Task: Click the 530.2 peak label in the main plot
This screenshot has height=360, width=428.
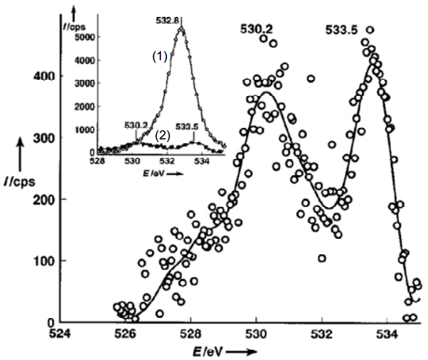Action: click(x=256, y=28)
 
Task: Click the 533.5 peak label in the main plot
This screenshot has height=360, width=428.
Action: click(x=341, y=30)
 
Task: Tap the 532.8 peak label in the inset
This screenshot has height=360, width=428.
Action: click(x=167, y=20)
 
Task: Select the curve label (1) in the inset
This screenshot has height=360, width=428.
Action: click(x=160, y=57)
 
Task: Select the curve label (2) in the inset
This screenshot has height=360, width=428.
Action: click(x=163, y=136)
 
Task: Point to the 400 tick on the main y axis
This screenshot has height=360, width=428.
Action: click(x=44, y=76)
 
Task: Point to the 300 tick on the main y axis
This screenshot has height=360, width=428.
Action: click(x=44, y=138)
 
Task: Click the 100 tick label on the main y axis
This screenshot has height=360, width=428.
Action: click(x=44, y=261)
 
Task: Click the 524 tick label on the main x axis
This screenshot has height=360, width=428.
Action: click(x=60, y=334)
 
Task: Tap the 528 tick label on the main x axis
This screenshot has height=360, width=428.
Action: click(x=191, y=334)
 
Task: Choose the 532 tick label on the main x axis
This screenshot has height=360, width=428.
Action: click(x=322, y=334)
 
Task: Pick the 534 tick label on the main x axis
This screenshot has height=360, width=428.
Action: click(x=387, y=334)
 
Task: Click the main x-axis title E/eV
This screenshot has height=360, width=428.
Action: click(x=208, y=351)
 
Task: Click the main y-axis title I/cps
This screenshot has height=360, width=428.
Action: click(x=20, y=181)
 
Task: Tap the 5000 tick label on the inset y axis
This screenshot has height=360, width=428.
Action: click(x=85, y=37)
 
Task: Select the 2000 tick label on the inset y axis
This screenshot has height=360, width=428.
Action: click(x=85, y=106)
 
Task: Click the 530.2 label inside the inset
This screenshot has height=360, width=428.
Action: click(x=136, y=125)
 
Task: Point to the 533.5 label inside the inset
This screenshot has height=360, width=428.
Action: click(x=187, y=127)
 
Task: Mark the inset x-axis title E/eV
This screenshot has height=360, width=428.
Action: click(x=153, y=173)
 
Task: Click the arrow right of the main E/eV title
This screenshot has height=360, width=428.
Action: click(x=241, y=351)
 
